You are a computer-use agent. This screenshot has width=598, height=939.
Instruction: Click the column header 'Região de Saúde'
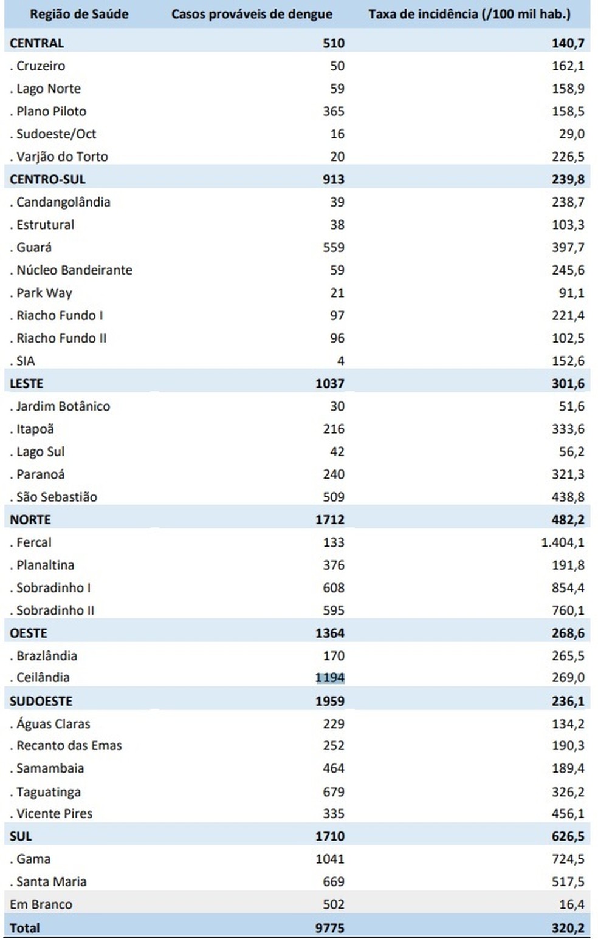pos(79,15)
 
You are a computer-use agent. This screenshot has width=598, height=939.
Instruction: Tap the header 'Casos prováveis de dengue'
pos(252,15)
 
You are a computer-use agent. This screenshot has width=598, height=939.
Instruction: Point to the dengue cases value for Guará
pos(334,247)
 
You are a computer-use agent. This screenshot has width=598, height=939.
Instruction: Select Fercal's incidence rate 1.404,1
pos(562,542)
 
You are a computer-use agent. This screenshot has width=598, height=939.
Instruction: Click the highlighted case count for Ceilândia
pos(330,678)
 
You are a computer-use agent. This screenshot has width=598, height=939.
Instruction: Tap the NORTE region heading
pos(30,520)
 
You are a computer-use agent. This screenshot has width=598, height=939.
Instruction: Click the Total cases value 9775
pos(330,928)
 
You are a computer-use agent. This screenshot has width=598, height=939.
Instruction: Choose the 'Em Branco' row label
pos(41,904)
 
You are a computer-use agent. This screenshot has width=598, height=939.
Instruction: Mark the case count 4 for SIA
pos(340,361)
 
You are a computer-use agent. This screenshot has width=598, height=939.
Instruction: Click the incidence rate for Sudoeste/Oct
pos(572,134)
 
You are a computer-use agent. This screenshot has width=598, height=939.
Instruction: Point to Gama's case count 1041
pos(330,859)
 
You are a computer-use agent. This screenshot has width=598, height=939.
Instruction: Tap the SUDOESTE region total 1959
pos(330,701)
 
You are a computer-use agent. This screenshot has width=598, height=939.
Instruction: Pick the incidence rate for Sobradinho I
pos(568,588)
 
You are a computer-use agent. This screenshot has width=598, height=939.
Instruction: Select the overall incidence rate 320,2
pos(568,928)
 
